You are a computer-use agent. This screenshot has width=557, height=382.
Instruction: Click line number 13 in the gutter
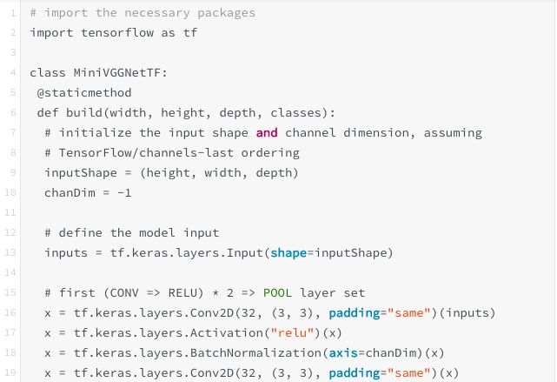pos(13,253)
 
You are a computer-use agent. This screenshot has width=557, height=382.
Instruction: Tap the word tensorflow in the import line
pos(110,32)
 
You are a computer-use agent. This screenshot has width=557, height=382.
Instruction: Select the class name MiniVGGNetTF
pos(117,72)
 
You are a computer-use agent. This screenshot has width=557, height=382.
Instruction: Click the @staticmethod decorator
pos(82,92)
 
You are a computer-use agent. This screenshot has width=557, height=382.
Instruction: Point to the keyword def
pos(47,112)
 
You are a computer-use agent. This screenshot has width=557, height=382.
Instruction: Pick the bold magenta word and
pos(267,132)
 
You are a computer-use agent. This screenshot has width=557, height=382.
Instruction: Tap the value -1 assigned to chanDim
pos(124,192)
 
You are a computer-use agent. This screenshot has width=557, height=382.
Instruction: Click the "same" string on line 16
pos(412,313)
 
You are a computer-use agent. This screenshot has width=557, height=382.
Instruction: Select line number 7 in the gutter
pos(13,132)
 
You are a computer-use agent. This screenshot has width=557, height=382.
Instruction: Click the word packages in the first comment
pos(223,12)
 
